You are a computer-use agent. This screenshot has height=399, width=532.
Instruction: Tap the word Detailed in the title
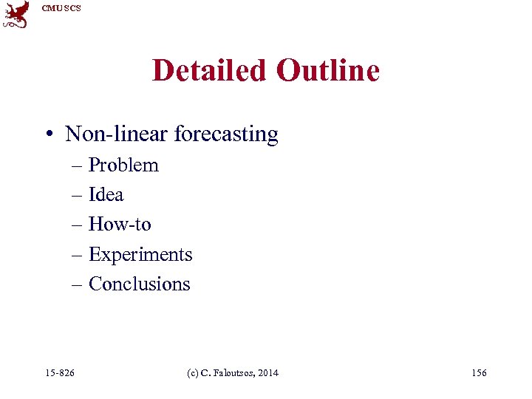point(209,71)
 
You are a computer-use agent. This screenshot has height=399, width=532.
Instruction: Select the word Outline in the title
point(327,71)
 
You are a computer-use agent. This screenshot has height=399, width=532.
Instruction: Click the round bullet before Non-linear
point(47,135)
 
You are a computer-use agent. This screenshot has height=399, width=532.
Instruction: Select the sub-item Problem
point(123,166)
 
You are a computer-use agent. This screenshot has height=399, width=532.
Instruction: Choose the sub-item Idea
point(106,195)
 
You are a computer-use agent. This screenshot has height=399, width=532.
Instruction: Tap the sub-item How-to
point(120,225)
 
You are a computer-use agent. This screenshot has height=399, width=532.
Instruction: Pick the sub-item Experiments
point(140,255)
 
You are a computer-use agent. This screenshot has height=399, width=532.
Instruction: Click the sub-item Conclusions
point(140,284)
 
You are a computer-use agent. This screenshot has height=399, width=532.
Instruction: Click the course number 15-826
point(60,373)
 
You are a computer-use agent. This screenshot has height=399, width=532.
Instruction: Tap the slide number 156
point(479,373)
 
